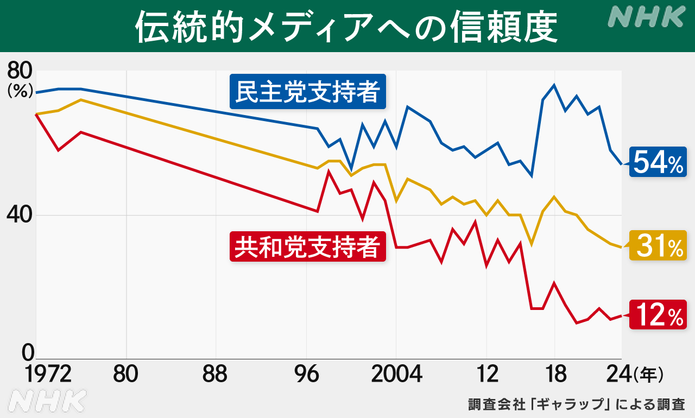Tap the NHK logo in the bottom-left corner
click(48, 401)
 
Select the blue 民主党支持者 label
click(308, 91)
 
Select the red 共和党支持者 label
click(308, 246)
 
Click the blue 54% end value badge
click(658, 162)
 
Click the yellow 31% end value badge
click(658, 245)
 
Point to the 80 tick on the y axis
click(20, 71)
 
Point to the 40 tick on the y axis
click(20, 215)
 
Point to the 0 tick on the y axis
click(27, 353)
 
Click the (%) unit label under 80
click(20, 91)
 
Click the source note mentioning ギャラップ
click(576, 404)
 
